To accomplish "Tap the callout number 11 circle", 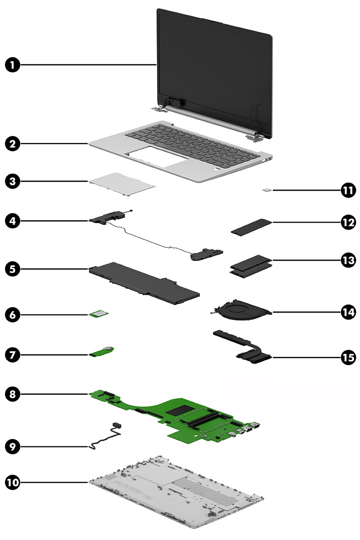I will [346, 190].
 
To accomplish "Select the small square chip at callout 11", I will [268, 190].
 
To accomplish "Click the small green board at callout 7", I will [103, 353].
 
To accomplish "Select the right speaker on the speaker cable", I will [206, 255].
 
